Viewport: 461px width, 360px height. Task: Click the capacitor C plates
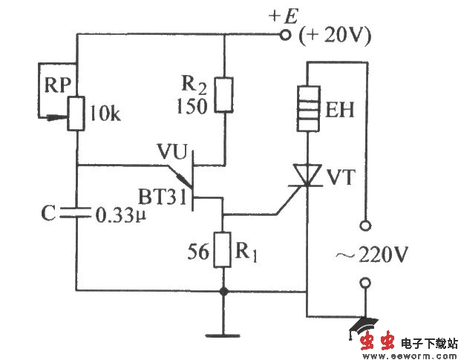click(76, 215)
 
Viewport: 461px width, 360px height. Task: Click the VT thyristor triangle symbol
click(307, 177)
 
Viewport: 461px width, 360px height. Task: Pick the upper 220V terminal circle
click(364, 223)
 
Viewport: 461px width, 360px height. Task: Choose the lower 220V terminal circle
click(364, 282)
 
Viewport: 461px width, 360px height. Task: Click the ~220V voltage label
click(373, 254)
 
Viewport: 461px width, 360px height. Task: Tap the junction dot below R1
click(223, 292)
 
